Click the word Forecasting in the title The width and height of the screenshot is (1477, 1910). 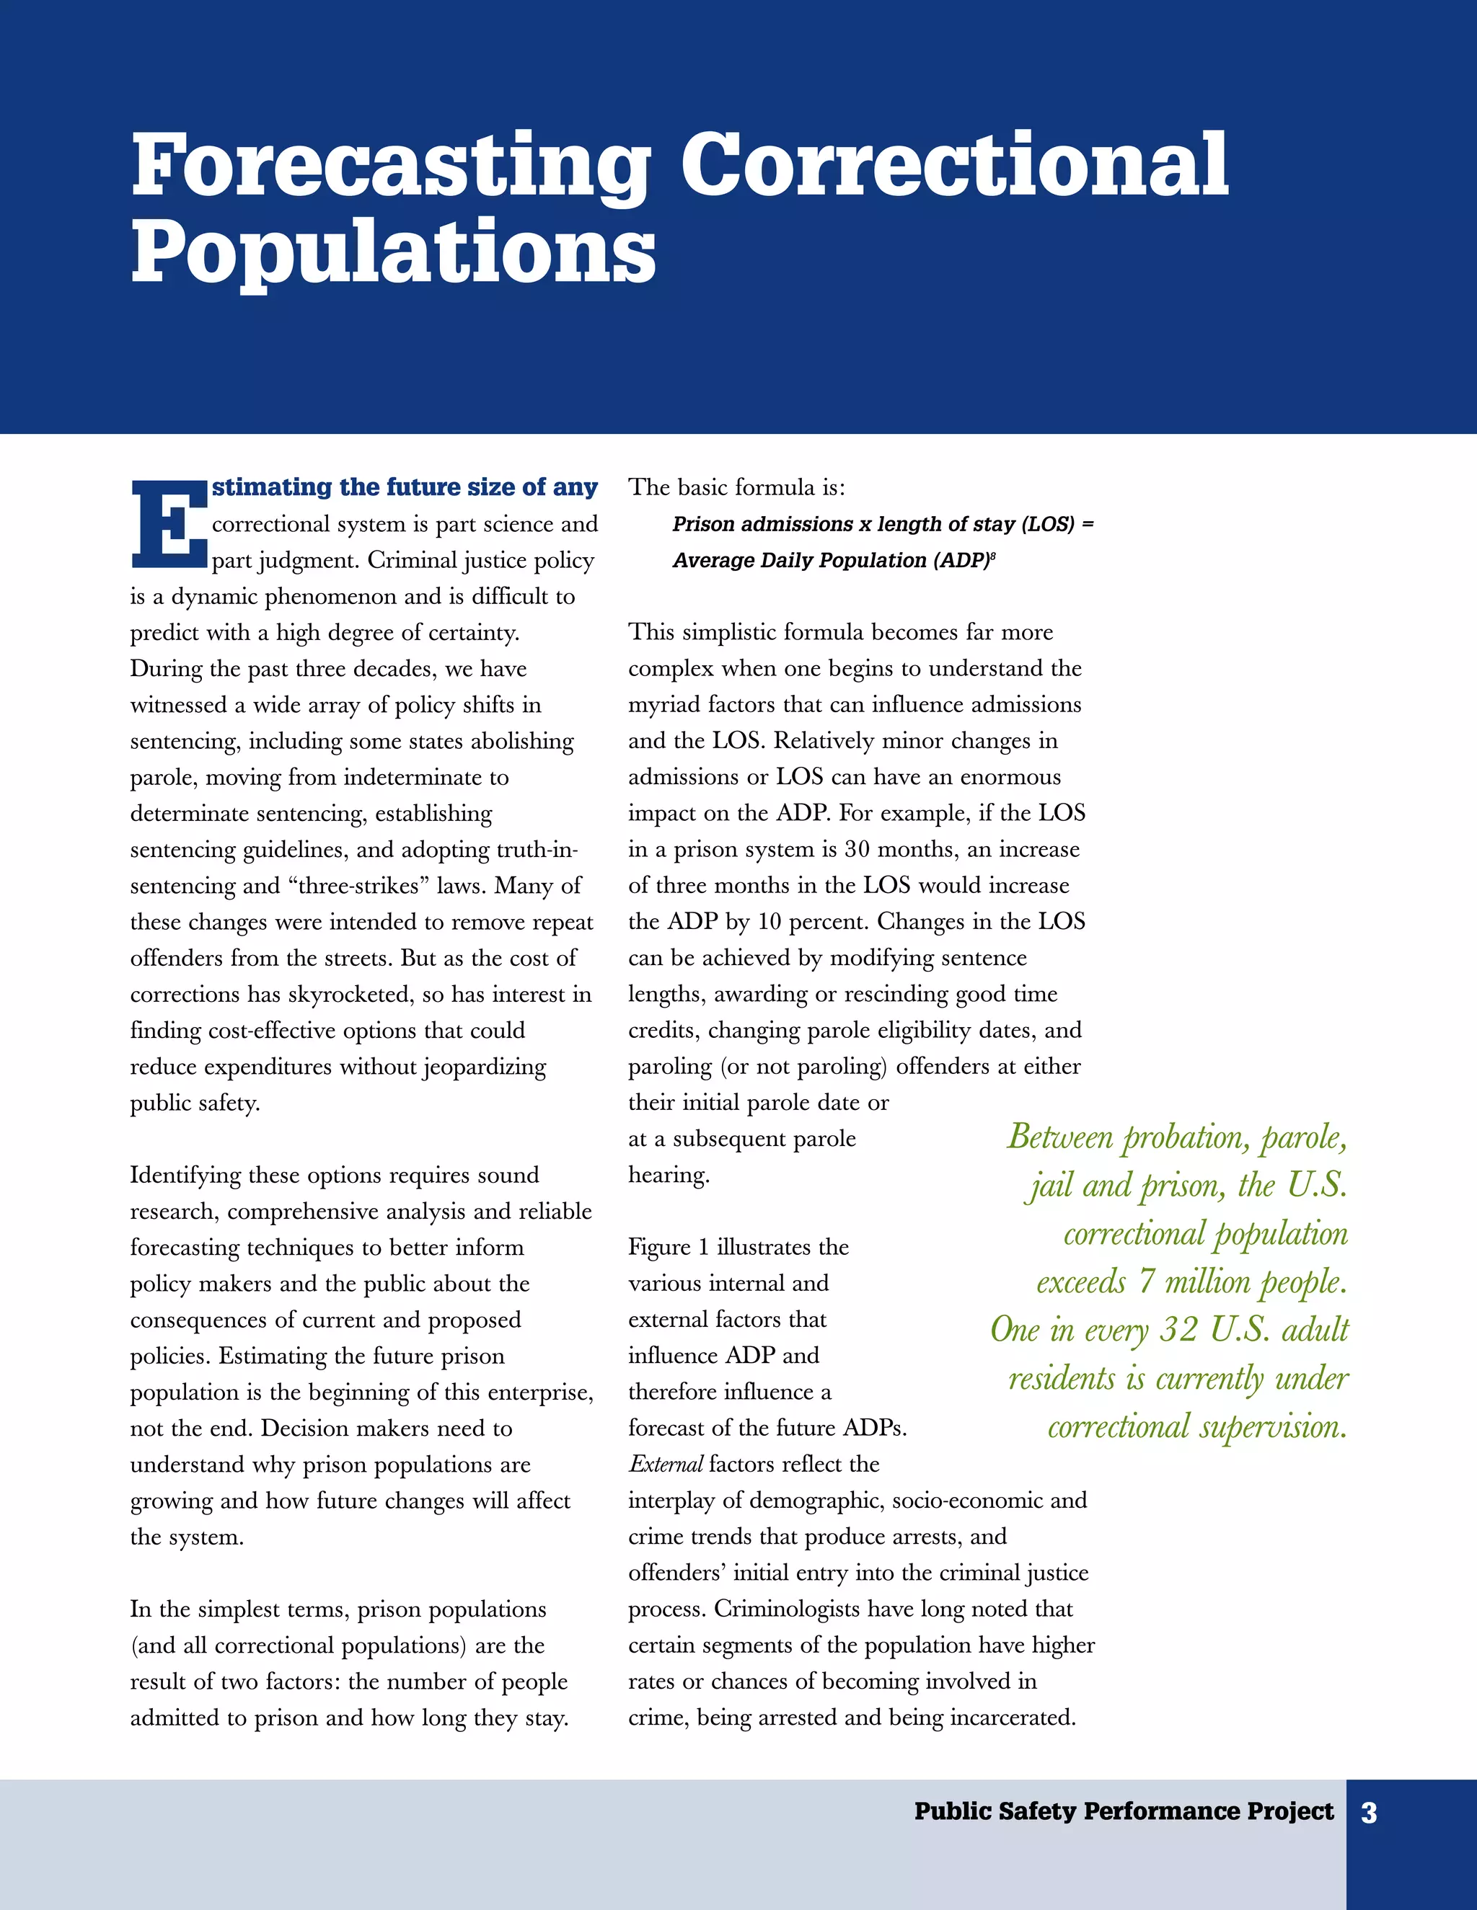[391, 166]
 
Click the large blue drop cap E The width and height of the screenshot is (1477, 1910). [168, 524]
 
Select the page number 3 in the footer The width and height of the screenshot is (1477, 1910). [1369, 1813]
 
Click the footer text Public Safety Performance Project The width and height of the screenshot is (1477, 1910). [1124, 1811]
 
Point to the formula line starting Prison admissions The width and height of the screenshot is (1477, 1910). [882, 524]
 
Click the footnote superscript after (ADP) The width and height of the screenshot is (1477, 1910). [992, 555]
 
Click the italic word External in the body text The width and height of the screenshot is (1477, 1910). [665, 1464]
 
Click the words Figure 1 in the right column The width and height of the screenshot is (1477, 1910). [668, 1247]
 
